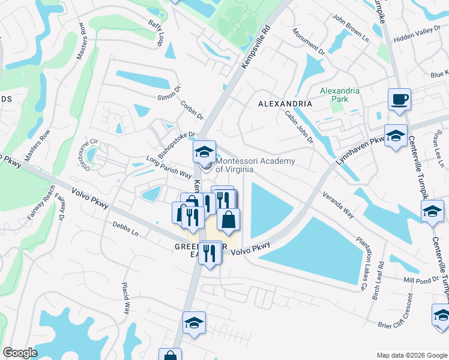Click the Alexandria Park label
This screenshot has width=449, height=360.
pyautogui.click(x=339, y=96)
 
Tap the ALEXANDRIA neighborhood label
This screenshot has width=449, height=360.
pyautogui.click(x=285, y=104)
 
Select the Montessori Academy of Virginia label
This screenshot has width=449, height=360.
pyautogui.click(x=255, y=165)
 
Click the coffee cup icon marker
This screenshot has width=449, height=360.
pyautogui.click(x=399, y=100)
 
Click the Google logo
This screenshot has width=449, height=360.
pyautogui.click(x=20, y=353)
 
